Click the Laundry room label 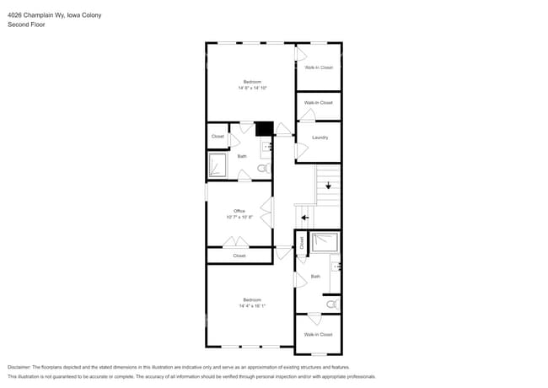pyautogui.click(x=320, y=137)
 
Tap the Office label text pyautogui.click(x=239, y=211)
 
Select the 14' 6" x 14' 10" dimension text pyautogui.click(x=251, y=88)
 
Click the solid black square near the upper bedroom pyautogui.click(x=264, y=129)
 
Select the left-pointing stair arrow pyautogui.click(x=304, y=218)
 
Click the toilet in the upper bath pyautogui.click(x=262, y=169)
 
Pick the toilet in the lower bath pyautogui.click(x=332, y=303)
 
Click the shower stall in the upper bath pyautogui.click(x=218, y=166)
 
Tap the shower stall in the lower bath pyautogui.click(x=324, y=243)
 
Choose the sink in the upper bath pyautogui.click(x=266, y=148)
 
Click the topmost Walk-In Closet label pyautogui.click(x=319, y=67)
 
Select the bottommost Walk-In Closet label pyautogui.click(x=318, y=335)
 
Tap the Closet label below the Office pyautogui.click(x=239, y=256)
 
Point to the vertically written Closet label pyautogui.click(x=301, y=242)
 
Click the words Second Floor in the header pyautogui.click(x=25, y=25)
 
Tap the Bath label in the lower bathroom pyautogui.click(x=315, y=277)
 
